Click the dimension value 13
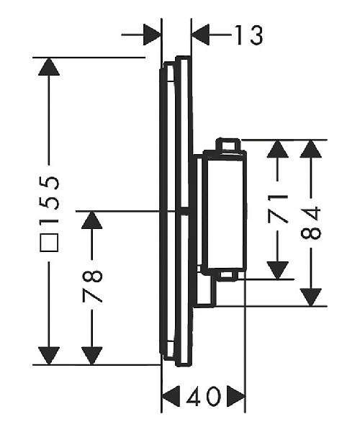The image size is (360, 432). (249, 35)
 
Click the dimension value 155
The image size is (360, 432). (49, 199)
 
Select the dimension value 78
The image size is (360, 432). (92, 287)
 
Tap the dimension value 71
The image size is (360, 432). (278, 208)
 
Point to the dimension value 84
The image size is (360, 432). (311, 223)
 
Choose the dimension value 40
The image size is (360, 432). (204, 397)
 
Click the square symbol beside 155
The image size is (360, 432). (49, 243)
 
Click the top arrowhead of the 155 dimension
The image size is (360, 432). (49, 66)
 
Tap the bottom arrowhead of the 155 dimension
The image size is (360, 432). (49, 356)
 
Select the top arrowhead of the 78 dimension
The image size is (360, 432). (92, 220)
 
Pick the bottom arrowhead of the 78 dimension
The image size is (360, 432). (92, 356)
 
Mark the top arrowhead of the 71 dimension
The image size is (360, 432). (278, 149)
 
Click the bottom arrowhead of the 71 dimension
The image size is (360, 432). (278, 270)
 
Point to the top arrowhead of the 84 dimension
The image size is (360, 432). (311, 149)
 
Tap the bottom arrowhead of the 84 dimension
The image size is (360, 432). (311, 297)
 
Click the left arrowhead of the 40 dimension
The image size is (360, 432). (171, 397)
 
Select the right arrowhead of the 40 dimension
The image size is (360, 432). (235, 397)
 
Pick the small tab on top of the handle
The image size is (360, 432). (228, 145)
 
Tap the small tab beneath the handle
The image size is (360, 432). (228, 276)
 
